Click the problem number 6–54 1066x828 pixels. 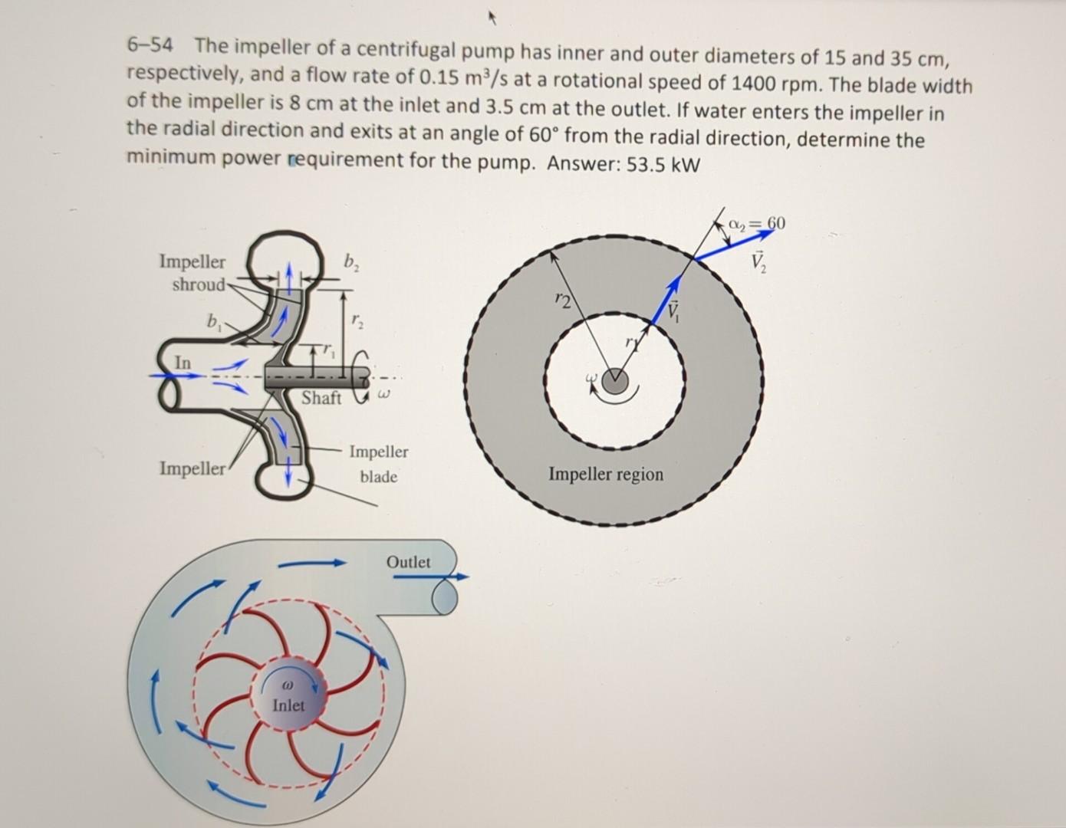(150, 47)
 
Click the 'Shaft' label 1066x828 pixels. (321, 398)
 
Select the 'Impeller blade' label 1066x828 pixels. (379, 464)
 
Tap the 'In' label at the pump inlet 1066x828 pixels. (183, 361)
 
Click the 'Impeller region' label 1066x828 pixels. (605, 474)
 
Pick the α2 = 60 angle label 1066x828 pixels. (758, 223)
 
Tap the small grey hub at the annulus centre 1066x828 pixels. (614, 381)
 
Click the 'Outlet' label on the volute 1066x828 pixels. (408, 562)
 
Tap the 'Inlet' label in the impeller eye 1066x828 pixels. (288, 705)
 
